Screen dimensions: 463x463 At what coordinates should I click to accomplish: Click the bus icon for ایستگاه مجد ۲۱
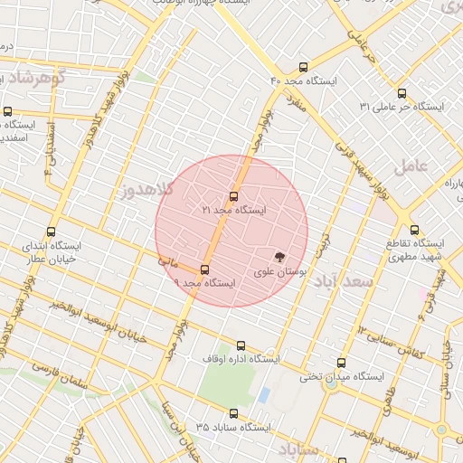tap(234, 196)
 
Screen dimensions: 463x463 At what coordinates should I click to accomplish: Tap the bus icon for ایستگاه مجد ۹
tap(204, 269)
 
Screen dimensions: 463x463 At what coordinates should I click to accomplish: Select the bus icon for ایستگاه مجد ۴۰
tap(302, 67)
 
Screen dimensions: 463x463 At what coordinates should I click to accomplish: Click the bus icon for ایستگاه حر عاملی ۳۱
tap(402, 93)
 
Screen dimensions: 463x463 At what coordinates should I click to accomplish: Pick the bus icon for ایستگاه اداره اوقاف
tap(241, 345)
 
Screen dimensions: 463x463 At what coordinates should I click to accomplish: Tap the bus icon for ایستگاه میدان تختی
tap(341, 363)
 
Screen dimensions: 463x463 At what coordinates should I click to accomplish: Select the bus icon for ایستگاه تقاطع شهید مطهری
tap(414, 231)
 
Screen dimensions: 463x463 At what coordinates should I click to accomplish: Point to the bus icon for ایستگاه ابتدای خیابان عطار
tap(51, 231)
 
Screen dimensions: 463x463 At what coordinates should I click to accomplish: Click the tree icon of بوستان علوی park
tap(279, 258)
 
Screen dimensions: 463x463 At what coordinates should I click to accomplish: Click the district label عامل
tap(410, 165)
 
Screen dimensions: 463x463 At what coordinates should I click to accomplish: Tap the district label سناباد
tap(296, 449)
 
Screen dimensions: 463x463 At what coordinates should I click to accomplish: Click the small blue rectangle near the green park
tap(264, 395)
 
